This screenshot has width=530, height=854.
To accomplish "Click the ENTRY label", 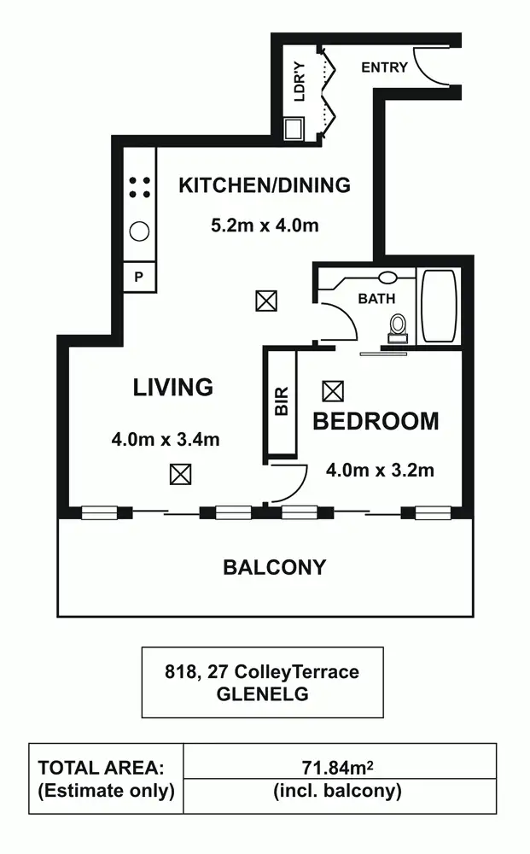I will (x=384, y=67).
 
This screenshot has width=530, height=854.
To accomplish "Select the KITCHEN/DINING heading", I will (x=265, y=184).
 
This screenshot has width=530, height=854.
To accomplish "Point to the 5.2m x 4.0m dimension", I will (x=265, y=226).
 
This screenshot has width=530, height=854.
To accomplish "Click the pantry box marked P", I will (x=139, y=277).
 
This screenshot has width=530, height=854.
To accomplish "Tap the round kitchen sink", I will (x=139, y=231).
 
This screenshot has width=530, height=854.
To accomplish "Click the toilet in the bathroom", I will (x=398, y=328).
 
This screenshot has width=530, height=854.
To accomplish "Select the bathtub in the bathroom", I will (x=440, y=307).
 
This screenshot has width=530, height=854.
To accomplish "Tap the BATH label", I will (x=376, y=299).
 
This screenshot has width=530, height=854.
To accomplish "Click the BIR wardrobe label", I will (x=282, y=401).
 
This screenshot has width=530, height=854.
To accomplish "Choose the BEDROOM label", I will (x=376, y=421).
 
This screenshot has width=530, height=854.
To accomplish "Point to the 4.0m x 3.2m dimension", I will (x=381, y=469).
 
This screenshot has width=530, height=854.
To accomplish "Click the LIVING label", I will (x=172, y=387).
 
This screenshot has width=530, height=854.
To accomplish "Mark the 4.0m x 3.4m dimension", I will (x=166, y=440).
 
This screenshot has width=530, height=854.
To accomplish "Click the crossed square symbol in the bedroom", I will (x=333, y=391).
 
